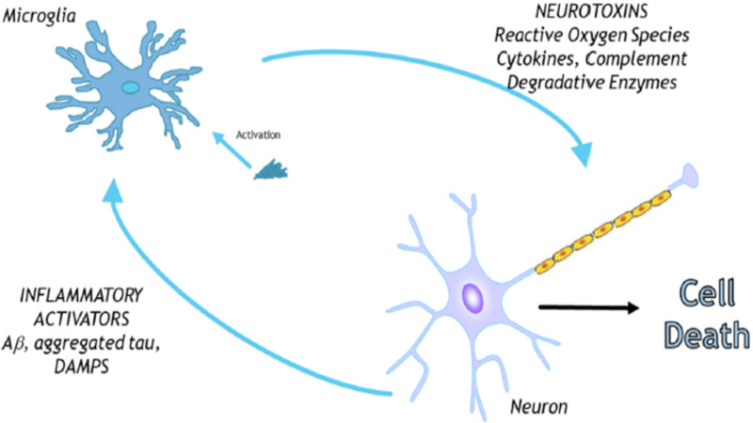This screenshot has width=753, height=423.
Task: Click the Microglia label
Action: click(39, 16)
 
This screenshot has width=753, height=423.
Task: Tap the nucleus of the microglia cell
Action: click(130, 87)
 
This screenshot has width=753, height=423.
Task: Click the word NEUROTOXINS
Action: click(592, 10)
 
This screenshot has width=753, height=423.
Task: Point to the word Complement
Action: click(636, 58)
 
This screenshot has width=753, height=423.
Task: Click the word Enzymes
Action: click(643, 83)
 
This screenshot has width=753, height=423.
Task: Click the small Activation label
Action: click(258, 134)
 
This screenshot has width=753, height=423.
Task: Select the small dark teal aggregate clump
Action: click(271, 170)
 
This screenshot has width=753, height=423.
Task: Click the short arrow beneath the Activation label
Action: click(232, 150)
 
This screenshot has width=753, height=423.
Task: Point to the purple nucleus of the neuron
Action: click(473, 298)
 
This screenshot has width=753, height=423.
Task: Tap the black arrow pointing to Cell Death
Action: click(589, 307)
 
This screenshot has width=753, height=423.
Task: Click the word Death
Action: click(707, 335)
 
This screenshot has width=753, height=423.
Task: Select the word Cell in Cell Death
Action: click(708, 292)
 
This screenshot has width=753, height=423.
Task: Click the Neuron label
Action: click(538, 407)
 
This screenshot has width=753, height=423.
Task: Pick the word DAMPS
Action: click(82, 367)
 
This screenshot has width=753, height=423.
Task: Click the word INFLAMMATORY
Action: click(81, 295)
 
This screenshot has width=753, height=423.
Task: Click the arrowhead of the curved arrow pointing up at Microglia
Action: click(112, 191)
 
